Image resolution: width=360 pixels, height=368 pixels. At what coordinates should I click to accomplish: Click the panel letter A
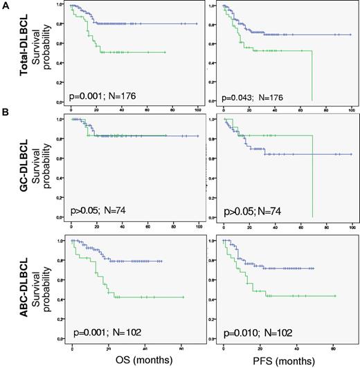point(6,5)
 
